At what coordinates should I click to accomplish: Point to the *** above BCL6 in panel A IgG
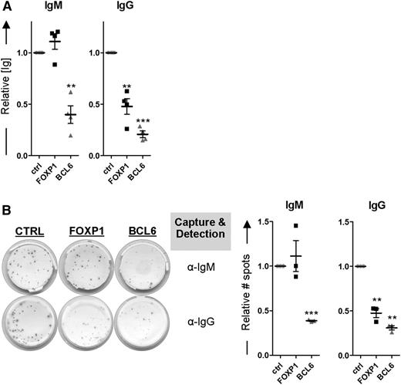pyautogui.click(x=164, y=121)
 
